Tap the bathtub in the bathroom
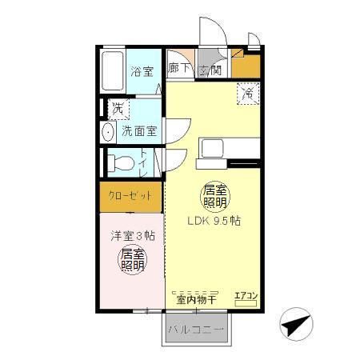point(114,70)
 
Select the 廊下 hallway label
point(179,70)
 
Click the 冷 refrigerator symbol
point(248,94)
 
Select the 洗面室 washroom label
point(139,130)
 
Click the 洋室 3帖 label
point(132,236)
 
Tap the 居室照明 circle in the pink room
point(133,259)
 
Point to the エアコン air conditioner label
point(246,296)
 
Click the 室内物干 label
point(197,300)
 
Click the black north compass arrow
point(295,326)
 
